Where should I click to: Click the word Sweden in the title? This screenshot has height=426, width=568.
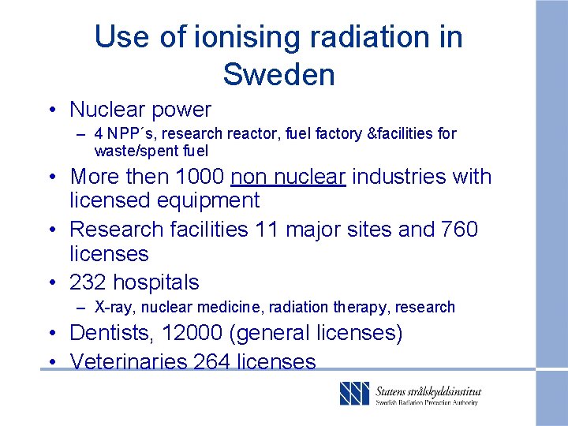[x=278, y=74]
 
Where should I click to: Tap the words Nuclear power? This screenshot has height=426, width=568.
[x=140, y=110]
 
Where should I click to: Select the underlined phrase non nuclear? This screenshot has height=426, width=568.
[x=288, y=177]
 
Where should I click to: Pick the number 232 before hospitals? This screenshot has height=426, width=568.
[x=88, y=282]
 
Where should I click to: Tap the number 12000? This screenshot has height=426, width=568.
[x=192, y=333]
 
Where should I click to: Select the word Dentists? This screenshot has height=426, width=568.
[x=109, y=333]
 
